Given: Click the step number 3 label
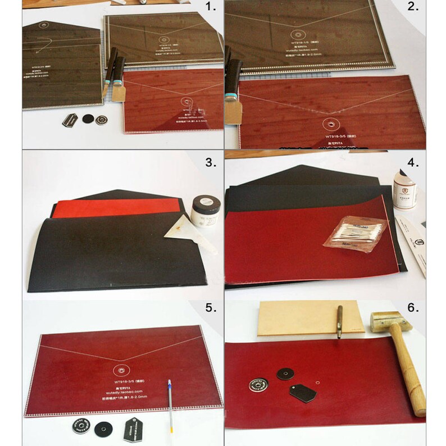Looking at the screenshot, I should (x=210, y=163).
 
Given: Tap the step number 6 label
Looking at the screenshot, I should (x=413, y=308).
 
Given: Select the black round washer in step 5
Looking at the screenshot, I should (x=102, y=427).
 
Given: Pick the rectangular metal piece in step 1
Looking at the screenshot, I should (x=71, y=121).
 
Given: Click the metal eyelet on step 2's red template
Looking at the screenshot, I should (x=331, y=124).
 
